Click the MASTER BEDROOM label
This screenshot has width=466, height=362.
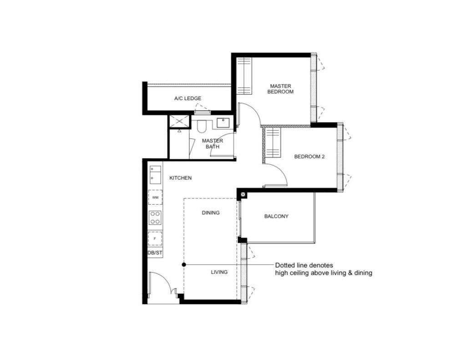coord(280,89)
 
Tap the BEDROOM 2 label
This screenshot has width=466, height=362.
coord(309,156)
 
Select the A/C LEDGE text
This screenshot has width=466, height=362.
coord(187,98)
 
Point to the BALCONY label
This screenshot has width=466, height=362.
coord(276,216)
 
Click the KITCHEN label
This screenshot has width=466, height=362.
coord(180,178)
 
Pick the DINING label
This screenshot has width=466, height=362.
coord(211,213)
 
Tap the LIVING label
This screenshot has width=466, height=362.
coord(219,272)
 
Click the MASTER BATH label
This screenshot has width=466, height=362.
coord(213,144)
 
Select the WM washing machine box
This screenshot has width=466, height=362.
coord(156,197)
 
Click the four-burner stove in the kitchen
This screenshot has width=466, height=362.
coord(155,218)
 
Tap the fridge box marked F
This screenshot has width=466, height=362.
coord(155,238)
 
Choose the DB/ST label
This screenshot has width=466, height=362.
coord(155,253)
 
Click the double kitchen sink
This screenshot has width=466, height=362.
coord(156,175)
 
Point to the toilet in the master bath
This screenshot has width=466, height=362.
coord(201,126)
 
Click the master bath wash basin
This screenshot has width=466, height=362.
coord(223,123)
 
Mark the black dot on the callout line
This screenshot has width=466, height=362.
coord(184,265)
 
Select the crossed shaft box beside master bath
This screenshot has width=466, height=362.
coord(179,121)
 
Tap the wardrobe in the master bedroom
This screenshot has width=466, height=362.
coord(244,76)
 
